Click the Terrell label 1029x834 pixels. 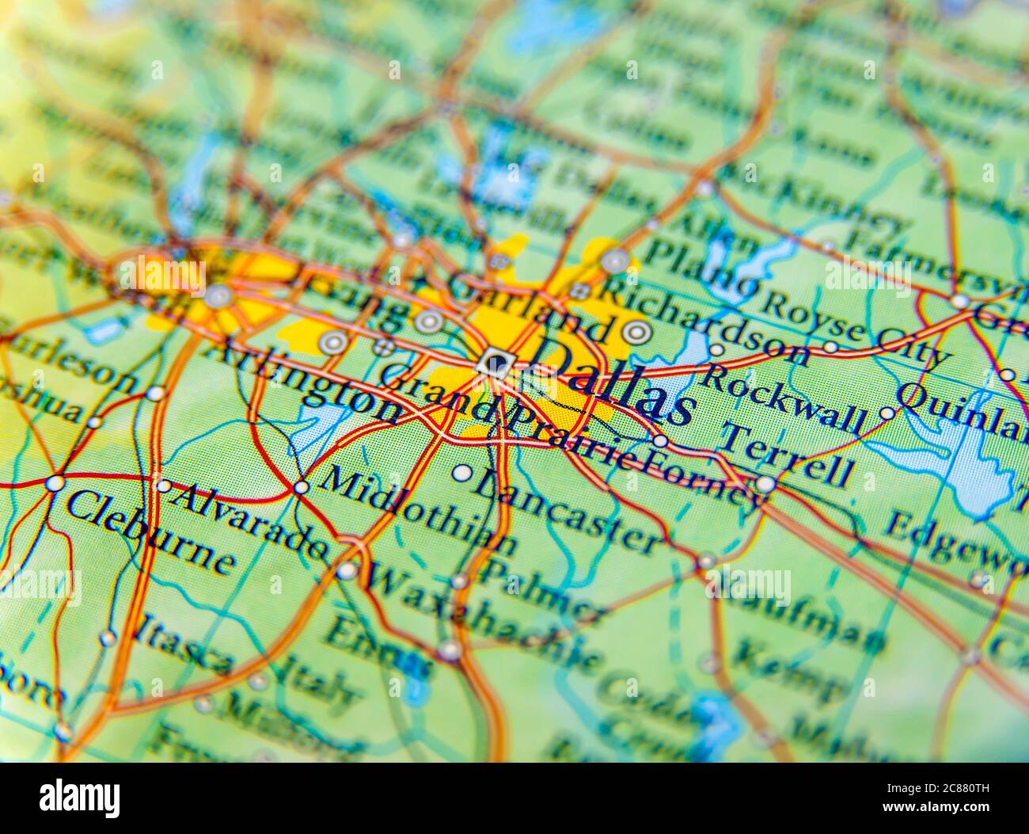click(788, 455)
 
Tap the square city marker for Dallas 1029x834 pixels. click(496, 364)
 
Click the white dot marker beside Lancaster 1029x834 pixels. click(461, 474)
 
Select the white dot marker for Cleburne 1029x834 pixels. click(55, 482)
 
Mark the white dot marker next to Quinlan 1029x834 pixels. click(887, 413)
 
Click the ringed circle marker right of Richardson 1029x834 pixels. click(636, 333)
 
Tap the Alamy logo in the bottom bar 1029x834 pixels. click(80, 797)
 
